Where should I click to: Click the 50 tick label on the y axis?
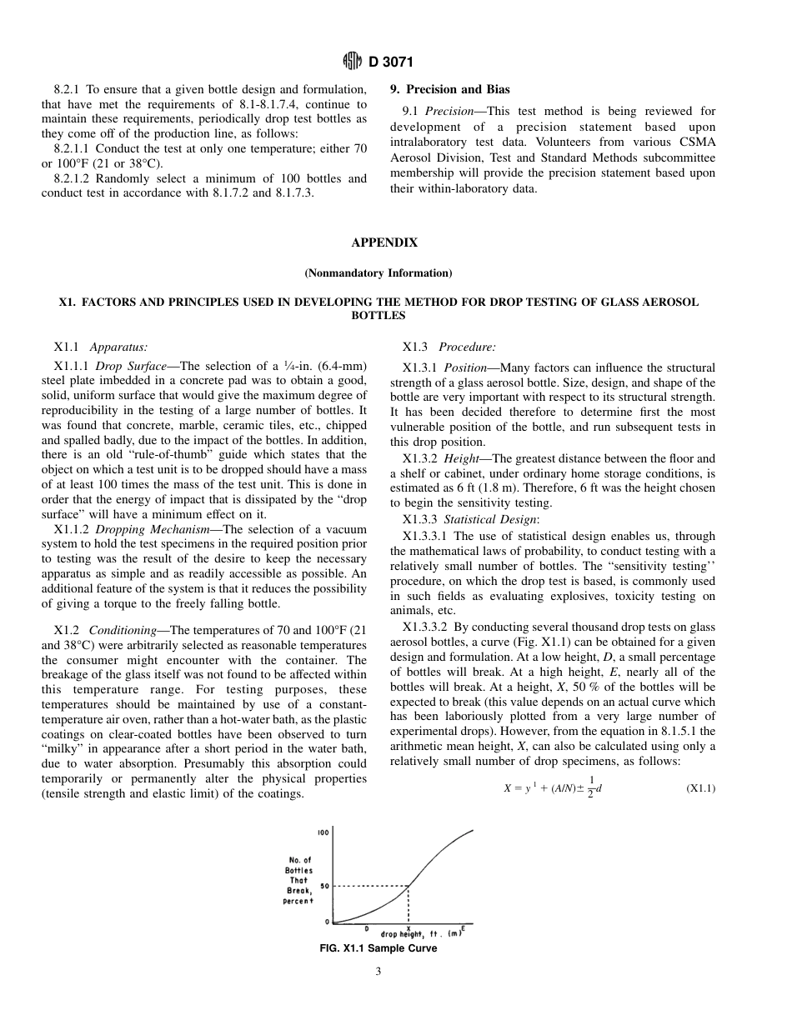coord(325,886)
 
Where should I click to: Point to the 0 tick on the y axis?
coord(327,922)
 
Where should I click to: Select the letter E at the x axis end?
coord(463,928)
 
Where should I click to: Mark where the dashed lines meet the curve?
coord(408,886)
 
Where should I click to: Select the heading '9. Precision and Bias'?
coord(450,89)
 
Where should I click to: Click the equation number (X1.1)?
coord(700,788)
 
